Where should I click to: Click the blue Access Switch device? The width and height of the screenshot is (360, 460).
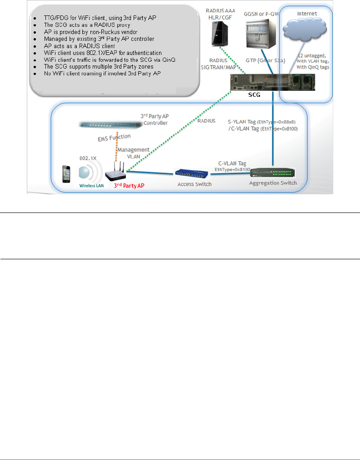tap(192, 173)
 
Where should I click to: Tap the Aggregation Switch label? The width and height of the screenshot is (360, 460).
tap(273, 183)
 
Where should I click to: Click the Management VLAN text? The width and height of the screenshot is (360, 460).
tap(134, 153)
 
